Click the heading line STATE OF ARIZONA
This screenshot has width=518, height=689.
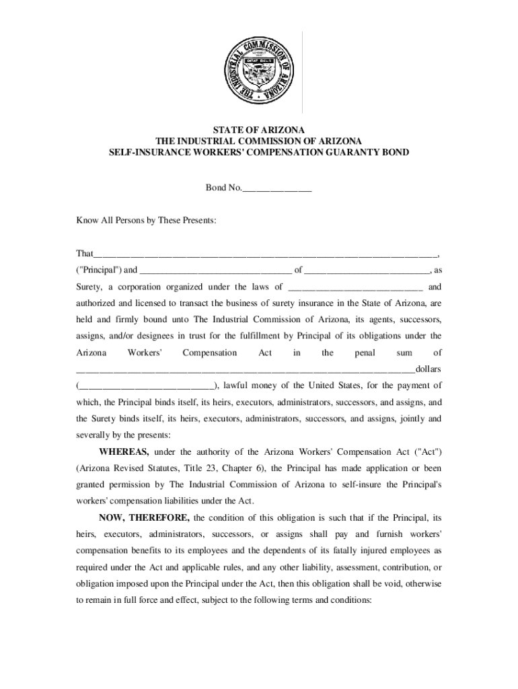click(x=259, y=129)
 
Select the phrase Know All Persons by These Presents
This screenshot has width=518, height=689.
click(x=146, y=221)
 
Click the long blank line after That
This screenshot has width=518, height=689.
click(x=266, y=254)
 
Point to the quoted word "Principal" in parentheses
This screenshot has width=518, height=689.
click(x=99, y=270)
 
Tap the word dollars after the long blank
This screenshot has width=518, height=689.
click(x=429, y=369)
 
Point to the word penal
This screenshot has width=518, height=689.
click(x=365, y=353)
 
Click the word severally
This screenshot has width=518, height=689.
click(x=93, y=434)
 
